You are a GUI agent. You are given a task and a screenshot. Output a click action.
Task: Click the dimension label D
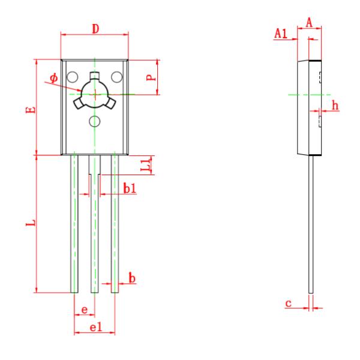95,29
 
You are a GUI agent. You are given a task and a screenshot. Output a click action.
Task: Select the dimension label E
31,110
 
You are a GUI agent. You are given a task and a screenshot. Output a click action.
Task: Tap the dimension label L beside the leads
31,223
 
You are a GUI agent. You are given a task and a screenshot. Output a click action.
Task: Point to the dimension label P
151,77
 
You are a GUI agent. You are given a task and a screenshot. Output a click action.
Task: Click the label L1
146,165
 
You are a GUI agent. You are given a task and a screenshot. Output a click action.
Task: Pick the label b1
130,188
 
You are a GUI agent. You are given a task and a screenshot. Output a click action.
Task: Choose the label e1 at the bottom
96,327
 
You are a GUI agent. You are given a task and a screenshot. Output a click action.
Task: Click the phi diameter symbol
54,78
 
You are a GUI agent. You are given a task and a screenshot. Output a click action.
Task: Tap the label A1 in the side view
281,34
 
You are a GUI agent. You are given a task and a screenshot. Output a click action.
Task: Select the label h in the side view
335,106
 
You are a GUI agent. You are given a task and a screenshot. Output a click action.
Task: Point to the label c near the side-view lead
289,303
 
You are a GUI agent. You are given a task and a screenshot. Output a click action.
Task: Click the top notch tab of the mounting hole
95,76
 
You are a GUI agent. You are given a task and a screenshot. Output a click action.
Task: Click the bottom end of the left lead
74,293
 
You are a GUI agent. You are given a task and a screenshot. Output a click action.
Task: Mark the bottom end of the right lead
115,293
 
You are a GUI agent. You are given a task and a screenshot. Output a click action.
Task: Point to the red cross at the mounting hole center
95,94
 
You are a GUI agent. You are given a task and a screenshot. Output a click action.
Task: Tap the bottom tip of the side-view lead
311,293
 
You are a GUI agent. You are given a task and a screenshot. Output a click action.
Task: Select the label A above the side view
309,23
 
